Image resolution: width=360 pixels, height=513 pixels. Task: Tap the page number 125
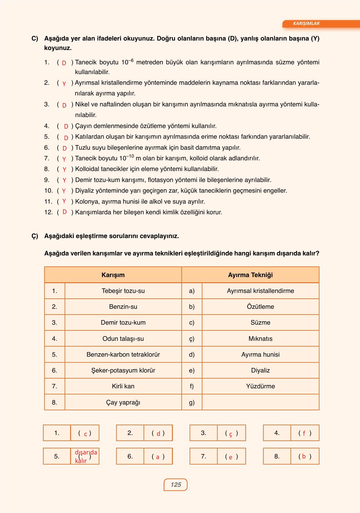(x=176, y=485)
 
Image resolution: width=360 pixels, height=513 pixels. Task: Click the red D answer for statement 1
(x=64, y=63)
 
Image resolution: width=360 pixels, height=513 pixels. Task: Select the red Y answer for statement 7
(x=64, y=159)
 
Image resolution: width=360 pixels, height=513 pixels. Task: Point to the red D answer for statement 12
(x=64, y=212)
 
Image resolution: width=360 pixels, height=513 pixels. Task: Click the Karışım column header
(x=113, y=275)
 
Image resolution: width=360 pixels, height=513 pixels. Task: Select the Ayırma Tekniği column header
(x=250, y=275)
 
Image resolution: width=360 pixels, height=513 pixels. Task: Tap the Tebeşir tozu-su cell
(x=123, y=291)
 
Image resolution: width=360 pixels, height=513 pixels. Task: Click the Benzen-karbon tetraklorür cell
(x=123, y=354)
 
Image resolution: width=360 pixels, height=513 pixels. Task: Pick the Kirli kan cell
(x=123, y=386)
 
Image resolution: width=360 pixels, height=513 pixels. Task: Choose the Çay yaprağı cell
(x=123, y=402)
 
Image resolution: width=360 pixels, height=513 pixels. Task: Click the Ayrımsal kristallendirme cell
(x=260, y=291)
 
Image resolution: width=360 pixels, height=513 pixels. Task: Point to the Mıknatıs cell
(x=260, y=339)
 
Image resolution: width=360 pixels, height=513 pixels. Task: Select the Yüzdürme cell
(x=260, y=386)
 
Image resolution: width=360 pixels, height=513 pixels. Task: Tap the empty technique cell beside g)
(x=260, y=402)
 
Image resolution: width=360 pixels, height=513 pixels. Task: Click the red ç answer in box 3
(x=231, y=434)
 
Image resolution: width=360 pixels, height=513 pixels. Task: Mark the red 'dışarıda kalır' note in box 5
(x=85, y=456)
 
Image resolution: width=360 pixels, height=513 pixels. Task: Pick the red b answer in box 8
(x=304, y=456)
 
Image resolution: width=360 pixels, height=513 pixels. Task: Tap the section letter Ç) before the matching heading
(x=35, y=236)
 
